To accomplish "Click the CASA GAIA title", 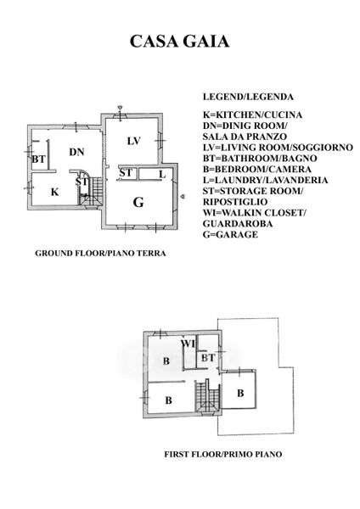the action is [x=179, y=42].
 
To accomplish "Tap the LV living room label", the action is [x=133, y=141].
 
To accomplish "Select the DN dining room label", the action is [x=76, y=152].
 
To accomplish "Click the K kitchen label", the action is [x=55, y=192].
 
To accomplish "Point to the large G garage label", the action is [x=138, y=202].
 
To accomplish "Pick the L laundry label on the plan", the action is [x=162, y=175].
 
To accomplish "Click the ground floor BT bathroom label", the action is [x=39, y=159].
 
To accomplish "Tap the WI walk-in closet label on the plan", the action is [x=188, y=343].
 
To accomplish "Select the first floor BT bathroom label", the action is [x=208, y=358].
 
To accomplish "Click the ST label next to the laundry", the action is [x=126, y=173].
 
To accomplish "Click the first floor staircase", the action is [x=208, y=396].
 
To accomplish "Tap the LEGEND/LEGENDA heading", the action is [x=248, y=97].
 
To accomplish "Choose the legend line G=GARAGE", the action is [x=230, y=234].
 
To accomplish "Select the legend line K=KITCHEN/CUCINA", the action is [x=252, y=115].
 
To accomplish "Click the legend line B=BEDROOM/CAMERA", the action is [x=257, y=169].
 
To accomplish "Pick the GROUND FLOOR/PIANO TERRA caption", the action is [x=100, y=253].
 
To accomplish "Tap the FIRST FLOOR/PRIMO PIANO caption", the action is [x=223, y=454].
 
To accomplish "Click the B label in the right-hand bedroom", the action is [x=240, y=393].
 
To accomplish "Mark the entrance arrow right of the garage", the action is [x=183, y=196].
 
